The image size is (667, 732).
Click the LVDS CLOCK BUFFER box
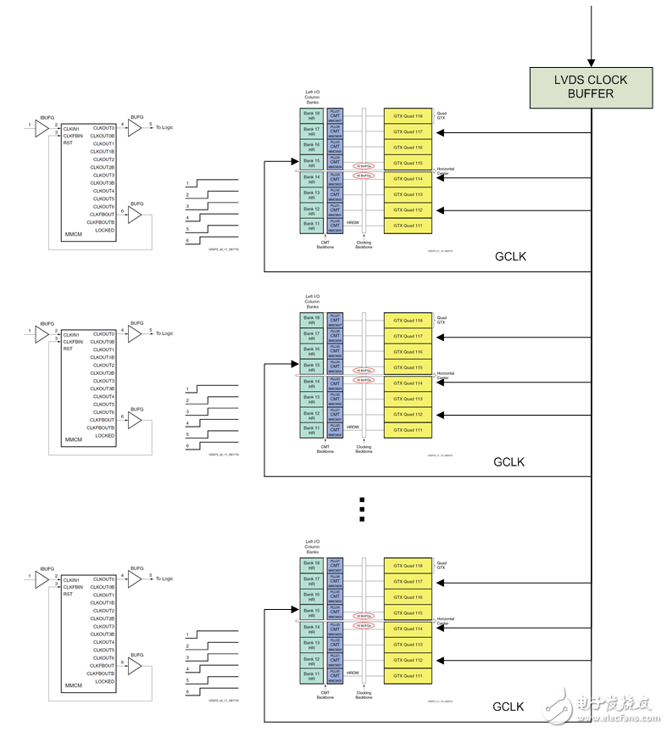tap(592, 87)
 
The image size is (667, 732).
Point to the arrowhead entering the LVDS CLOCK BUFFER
tap(592, 61)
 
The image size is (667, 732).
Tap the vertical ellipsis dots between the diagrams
tap(362, 509)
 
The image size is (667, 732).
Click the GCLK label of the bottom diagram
tap(509, 707)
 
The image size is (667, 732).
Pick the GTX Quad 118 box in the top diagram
tap(408, 115)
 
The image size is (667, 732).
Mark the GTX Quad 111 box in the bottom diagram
tap(408, 675)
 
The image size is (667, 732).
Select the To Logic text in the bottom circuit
tap(164, 578)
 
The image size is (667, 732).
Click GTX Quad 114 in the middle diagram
tap(408, 383)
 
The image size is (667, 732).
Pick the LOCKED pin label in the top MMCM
tap(104, 230)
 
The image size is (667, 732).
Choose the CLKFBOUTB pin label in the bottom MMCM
tap(100, 673)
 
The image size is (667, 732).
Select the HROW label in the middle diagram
tap(353, 427)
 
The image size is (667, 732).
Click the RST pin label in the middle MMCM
tap(68, 349)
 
